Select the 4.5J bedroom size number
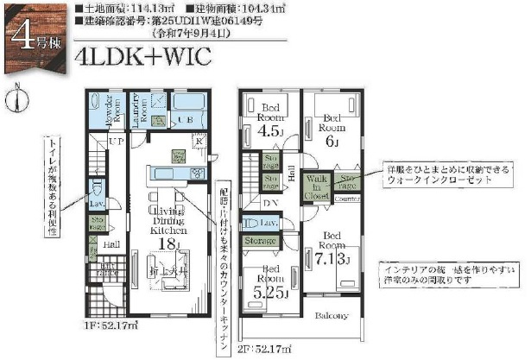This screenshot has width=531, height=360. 268,131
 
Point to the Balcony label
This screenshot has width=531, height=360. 332,315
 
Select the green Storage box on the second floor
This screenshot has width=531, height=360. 260,240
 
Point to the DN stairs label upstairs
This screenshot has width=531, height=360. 271,204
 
